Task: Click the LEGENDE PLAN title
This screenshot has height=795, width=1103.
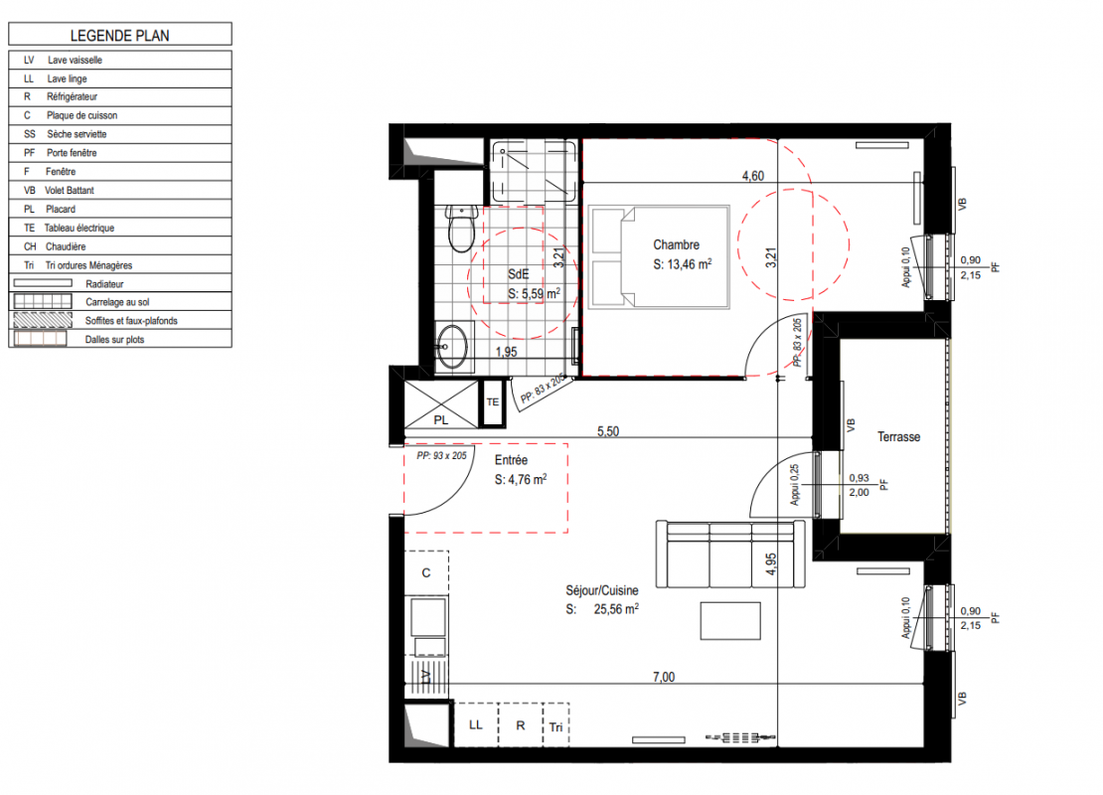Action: click(x=119, y=35)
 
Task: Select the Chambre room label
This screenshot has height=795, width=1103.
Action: click(x=676, y=244)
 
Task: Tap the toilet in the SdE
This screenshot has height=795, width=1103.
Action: click(x=461, y=229)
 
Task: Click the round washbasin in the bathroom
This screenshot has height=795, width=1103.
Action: click(x=451, y=346)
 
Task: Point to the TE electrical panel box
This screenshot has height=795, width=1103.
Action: click(x=493, y=402)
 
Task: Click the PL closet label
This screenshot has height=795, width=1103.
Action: click(x=441, y=420)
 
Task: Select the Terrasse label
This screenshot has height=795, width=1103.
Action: click(x=898, y=437)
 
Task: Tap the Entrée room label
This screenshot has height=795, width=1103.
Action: click(x=511, y=460)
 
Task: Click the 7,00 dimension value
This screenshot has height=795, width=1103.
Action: click(x=664, y=677)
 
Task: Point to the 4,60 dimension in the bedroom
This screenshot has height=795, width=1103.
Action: click(x=752, y=176)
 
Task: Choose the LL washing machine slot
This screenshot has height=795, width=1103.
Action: click(x=476, y=724)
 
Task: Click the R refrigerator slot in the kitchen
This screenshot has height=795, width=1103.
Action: click(x=521, y=724)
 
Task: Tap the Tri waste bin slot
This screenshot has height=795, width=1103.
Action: click(x=555, y=726)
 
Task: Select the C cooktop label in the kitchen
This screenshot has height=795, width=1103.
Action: click(x=426, y=572)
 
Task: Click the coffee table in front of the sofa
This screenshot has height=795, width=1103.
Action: click(x=730, y=620)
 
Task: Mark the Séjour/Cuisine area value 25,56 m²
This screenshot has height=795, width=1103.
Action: click(x=616, y=608)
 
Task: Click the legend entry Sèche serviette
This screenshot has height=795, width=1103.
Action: click(x=77, y=134)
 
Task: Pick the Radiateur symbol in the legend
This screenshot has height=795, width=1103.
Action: click(x=43, y=283)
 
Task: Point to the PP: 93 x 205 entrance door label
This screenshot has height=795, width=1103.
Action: click(x=442, y=456)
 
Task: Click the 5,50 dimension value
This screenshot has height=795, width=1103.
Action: click(x=608, y=431)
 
